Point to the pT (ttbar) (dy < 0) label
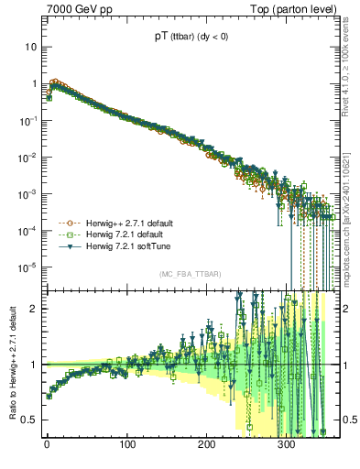[x=192, y=38]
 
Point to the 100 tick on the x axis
[x=127, y=444]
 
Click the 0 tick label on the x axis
[x=47, y=444]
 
